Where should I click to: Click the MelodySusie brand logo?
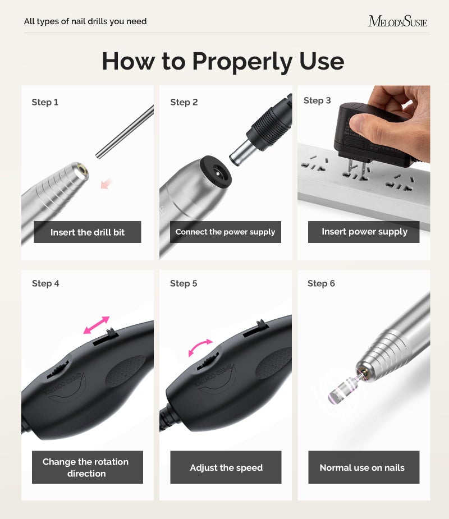397,22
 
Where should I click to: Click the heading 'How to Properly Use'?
223,61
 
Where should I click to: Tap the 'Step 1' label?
45,102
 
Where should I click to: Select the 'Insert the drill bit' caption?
88,232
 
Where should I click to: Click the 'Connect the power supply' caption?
225,232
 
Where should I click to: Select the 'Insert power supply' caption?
364,232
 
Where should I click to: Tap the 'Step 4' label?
45,283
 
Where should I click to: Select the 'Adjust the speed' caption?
226,467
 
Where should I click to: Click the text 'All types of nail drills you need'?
85,22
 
